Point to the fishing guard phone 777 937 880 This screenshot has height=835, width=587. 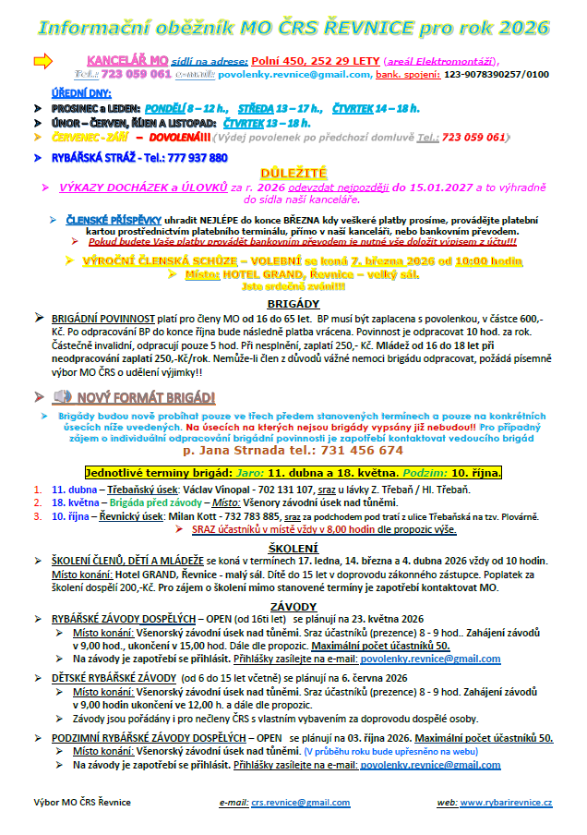[x=188, y=158]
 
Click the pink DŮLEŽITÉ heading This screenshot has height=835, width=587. [x=293, y=173]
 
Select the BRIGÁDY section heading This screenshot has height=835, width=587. [x=293, y=302]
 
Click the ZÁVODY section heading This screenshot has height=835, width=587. [x=293, y=606]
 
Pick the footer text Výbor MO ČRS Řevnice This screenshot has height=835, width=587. [x=82, y=803]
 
